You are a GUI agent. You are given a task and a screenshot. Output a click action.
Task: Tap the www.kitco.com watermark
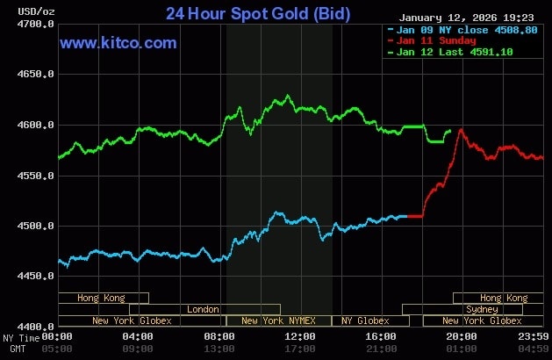click(x=118, y=43)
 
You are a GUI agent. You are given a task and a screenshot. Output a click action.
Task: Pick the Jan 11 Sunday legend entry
click(x=436, y=40)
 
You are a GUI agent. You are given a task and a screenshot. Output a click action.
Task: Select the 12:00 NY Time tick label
click(x=300, y=336)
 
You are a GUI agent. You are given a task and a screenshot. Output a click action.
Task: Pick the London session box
click(x=204, y=309)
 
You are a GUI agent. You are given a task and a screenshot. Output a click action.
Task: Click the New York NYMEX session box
click(x=279, y=320)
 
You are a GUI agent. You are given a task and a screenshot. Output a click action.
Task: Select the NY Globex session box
click(x=365, y=320)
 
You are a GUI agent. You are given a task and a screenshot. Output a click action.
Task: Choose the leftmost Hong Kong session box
click(x=102, y=298)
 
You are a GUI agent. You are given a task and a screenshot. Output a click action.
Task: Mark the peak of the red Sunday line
click(x=461, y=130)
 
